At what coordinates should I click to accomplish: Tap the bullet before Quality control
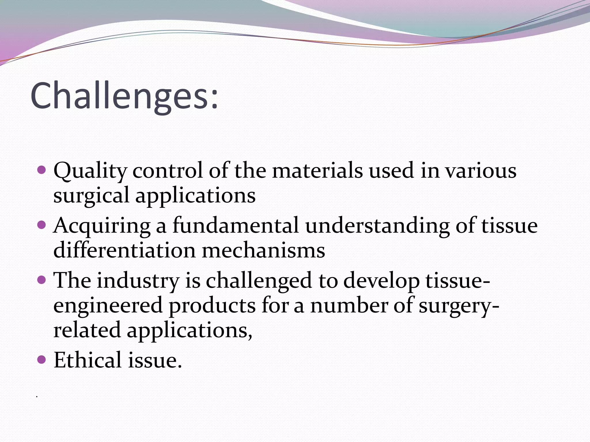pyautogui.click(x=42, y=169)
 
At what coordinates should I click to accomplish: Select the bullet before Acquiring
pyautogui.click(x=42, y=224)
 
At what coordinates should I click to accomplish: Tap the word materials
pyautogui.click(x=317, y=170)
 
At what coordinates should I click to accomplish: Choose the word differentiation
pyautogui.click(x=124, y=250)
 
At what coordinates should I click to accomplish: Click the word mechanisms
pyautogui.click(x=263, y=250)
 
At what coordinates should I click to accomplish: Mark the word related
pyautogui.click(x=87, y=330)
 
